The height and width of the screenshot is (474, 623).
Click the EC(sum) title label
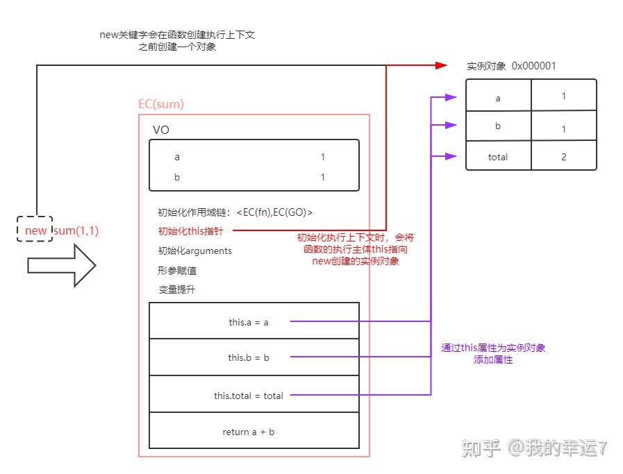pos(161,105)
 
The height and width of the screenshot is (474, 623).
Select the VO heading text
pos(161,130)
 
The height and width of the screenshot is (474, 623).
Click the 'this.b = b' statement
pos(248,358)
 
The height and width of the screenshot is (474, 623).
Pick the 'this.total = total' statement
pos(248,396)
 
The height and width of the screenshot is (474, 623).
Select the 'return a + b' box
pos(248,432)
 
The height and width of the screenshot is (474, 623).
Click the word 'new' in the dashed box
pos(35,231)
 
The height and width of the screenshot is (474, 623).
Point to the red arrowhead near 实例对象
pos(440,65)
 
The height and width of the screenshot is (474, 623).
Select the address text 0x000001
pos(533,67)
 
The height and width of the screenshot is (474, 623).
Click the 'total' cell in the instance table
pos(497,157)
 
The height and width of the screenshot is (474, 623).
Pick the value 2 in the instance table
pos(563,157)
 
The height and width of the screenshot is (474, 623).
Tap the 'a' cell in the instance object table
pos(497,99)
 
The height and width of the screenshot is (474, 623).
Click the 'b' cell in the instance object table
pos(497,127)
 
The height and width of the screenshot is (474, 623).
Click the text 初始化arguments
pos(194,251)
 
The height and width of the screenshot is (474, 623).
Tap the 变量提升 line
pos(176,289)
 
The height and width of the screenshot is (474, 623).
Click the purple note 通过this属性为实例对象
pos(493,348)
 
